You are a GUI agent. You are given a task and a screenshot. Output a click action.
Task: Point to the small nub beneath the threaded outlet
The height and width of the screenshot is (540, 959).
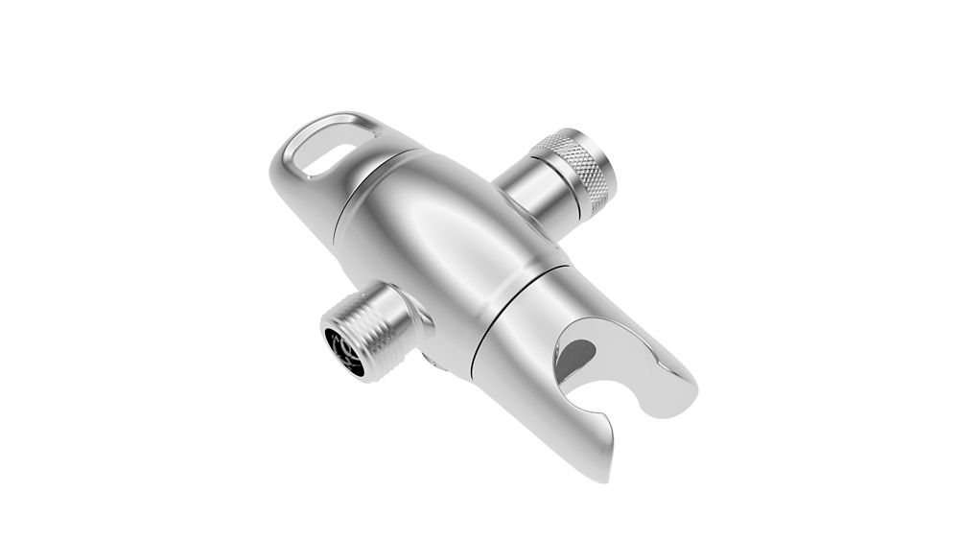[x=431, y=362]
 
